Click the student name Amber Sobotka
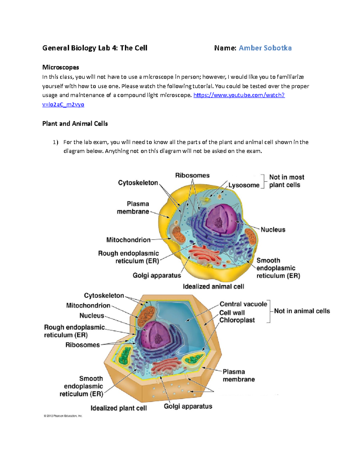265,48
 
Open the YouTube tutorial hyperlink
239,95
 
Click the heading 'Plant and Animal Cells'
75,124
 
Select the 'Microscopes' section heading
61,67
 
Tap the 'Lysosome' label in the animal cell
244,185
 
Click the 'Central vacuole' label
243,304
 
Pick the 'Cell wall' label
232,313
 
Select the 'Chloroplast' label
237,320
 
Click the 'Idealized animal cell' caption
213,287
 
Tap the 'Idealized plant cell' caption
118,408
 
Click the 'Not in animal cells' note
302,311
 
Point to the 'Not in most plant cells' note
286,181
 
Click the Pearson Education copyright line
63,416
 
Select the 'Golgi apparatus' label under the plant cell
188,406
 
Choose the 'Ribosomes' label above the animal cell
192,176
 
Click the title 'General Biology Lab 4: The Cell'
95,48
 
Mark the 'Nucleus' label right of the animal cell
273,230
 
